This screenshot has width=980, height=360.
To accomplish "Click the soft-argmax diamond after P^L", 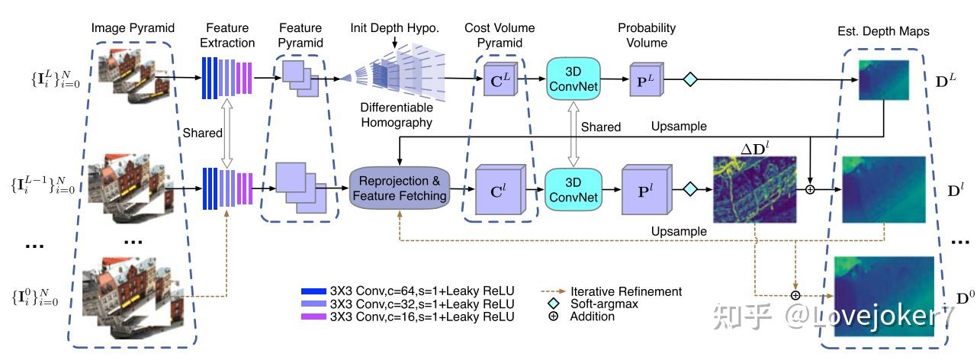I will click(690, 79).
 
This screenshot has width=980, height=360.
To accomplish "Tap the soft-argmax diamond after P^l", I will click(690, 187).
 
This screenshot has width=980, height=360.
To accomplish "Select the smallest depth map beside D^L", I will click(884, 80).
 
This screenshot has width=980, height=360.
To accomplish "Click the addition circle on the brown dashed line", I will click(795, 295).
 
